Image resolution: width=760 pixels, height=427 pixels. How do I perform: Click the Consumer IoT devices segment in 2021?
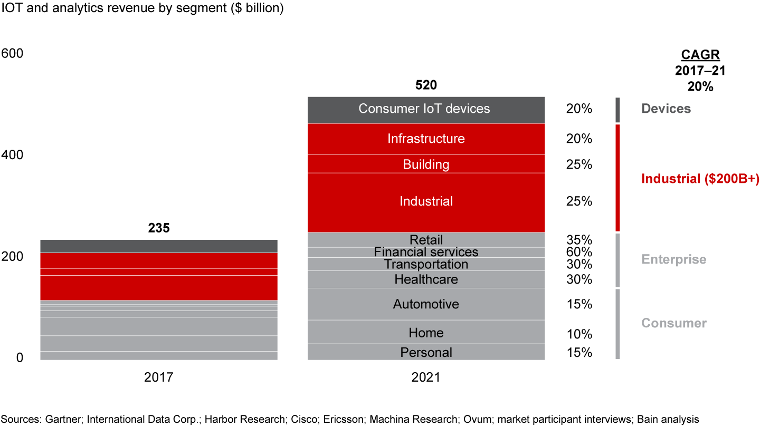pos(425,109)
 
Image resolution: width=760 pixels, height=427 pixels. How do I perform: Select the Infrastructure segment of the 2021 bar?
pos(425,139)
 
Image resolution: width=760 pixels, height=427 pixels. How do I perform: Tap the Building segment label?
pos(425,164)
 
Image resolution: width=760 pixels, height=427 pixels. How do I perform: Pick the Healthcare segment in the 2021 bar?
pos(425,279)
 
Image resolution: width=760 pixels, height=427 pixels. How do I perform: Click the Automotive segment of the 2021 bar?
pos(425,304)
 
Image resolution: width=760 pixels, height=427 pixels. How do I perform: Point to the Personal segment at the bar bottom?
pos(425,352)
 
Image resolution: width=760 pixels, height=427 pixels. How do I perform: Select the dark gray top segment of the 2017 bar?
pos(159,246)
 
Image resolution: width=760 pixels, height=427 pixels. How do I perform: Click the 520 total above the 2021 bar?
pos(426,85)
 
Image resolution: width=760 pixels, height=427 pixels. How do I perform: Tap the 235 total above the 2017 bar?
pos(159,228)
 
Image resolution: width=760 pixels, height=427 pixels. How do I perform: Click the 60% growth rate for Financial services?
pos(579,252)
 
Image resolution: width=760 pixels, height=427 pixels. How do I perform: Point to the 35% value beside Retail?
pos(579,240)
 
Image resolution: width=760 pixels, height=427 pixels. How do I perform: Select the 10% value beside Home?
pos(579,334)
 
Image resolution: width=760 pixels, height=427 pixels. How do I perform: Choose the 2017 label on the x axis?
pos(159,377)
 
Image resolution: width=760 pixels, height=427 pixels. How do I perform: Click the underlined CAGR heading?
pos(700,55)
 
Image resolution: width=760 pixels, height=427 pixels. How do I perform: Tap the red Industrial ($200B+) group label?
pos(700,179)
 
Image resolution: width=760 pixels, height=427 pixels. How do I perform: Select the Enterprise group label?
pos(673,259)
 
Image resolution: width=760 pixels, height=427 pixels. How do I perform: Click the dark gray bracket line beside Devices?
pos(617,110)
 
